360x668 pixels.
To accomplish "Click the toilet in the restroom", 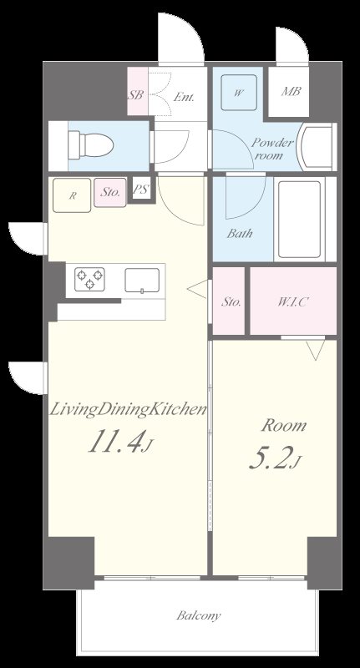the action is coord(90,145).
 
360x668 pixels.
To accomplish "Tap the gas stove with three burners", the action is coord(90,280).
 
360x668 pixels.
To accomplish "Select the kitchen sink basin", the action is coord(142,280).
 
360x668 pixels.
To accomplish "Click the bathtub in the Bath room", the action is coord(299,219).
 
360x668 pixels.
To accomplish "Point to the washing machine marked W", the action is coord(239,93).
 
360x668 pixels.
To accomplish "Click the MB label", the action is coord(292,91).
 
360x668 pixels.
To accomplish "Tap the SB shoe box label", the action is coord(136,94).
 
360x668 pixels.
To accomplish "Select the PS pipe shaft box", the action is coord(140,190).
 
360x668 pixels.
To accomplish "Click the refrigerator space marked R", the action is coord(72,195).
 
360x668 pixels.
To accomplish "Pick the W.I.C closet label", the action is coord(292,302).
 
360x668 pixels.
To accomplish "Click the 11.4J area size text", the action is coord(119,441).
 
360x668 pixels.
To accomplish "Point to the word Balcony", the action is coord(199,615).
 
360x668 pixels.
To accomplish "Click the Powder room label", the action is coord(272,149).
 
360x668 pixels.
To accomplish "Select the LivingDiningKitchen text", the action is coord(129,410).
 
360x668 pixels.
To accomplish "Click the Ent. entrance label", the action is coord(184,97).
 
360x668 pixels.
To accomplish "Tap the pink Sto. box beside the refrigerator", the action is coord(110,193).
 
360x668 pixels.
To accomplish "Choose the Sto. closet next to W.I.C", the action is coord(229,301).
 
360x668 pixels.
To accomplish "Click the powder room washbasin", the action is coord(317,147).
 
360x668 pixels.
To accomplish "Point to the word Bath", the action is coord(240,233).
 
